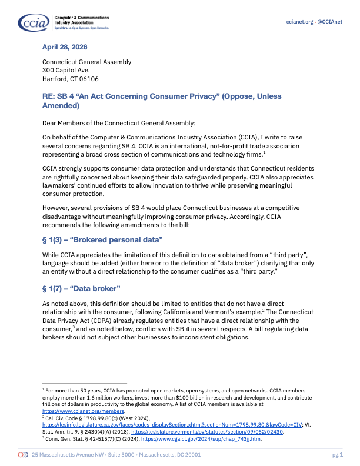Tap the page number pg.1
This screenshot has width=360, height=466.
(x=336, y=455)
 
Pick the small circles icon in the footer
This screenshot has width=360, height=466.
(x=23, y=455)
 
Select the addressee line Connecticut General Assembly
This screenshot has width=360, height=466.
(x=86, y=62)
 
